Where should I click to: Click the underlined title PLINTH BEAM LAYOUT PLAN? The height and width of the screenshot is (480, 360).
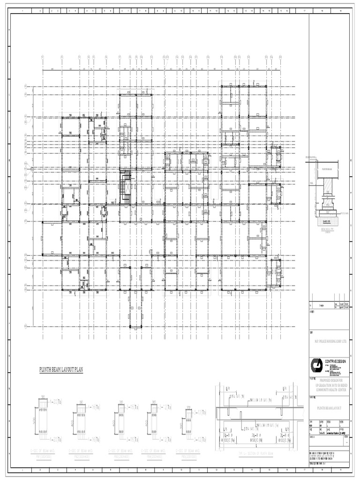(61, 370)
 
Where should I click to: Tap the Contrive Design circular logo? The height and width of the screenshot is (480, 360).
(317, 366)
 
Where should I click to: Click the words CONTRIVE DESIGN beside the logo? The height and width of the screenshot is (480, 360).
(336, 361)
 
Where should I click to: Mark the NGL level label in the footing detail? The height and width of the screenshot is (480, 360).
(311, 183)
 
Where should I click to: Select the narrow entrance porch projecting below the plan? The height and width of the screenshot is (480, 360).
(136, 309)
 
